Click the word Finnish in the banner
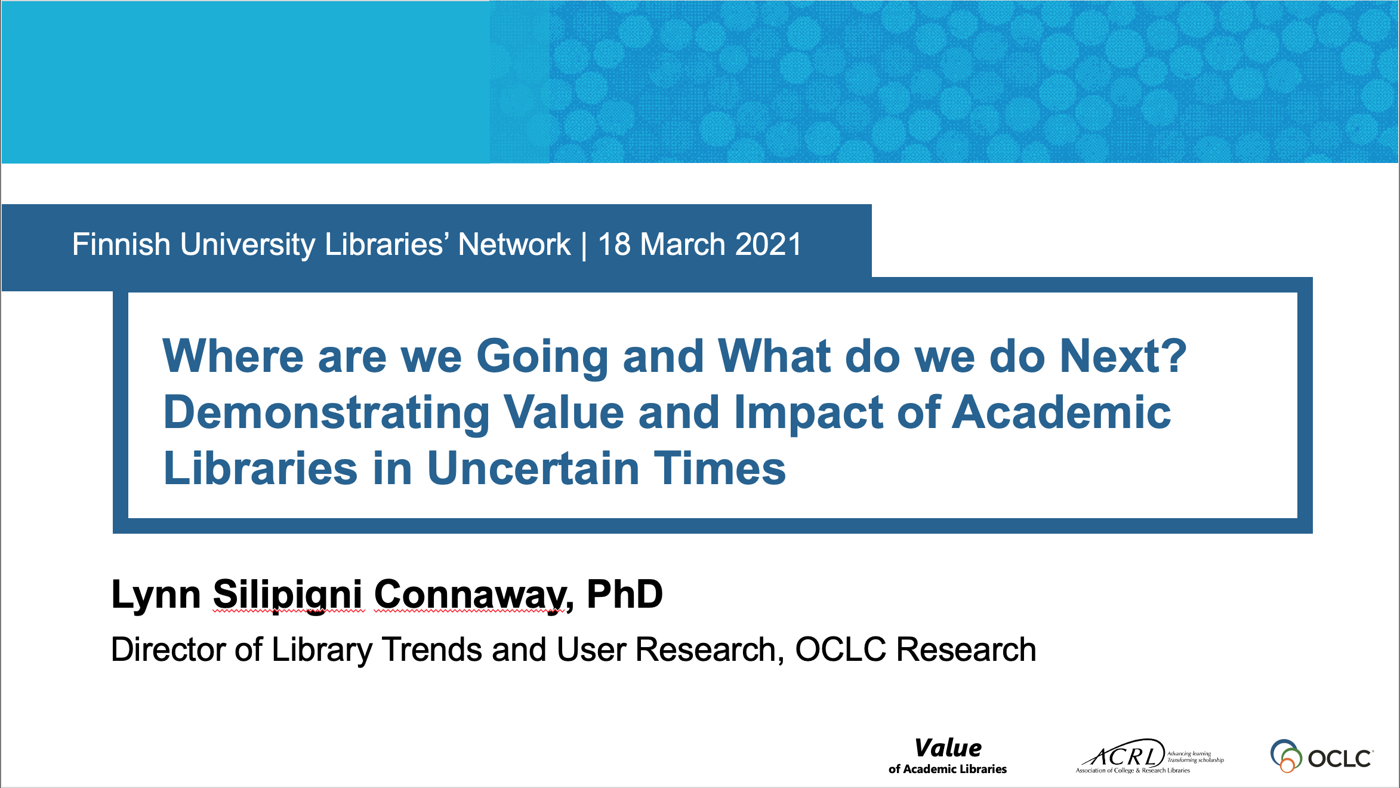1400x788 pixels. pos(121,244)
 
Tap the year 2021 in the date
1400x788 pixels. pos(769,244)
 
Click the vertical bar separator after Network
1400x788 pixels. pos(584,245)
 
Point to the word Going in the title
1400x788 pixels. pos(542,358)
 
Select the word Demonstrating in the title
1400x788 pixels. pos(326,414)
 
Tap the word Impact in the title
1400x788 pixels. pos(807,414)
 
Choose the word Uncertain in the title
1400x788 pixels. pos(533,469)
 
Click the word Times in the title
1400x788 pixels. pos(720,469)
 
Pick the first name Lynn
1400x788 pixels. pos(156,595)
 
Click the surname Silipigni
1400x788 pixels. pos(288,595)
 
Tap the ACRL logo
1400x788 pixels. pos(1149,756)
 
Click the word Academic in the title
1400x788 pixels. pos(1061,413)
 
